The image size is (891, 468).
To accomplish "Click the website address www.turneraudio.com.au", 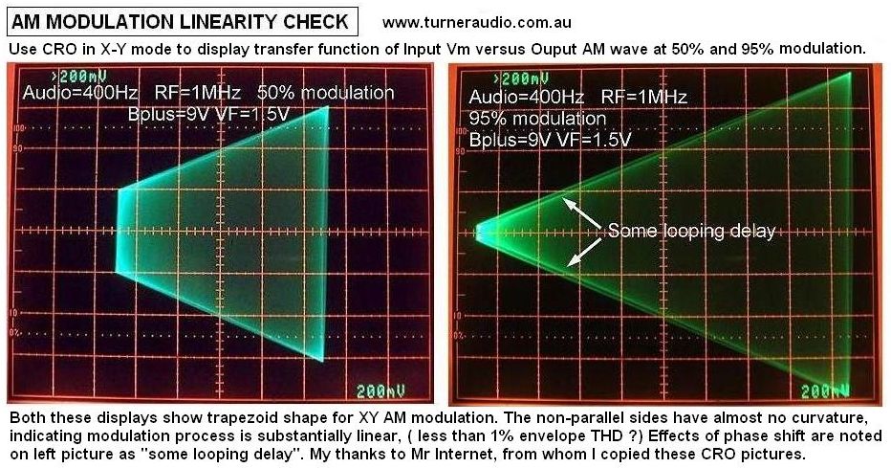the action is pyautogui.click(x=476, y=23).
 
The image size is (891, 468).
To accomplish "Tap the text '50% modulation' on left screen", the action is pyautogui.click(x=326, y=93).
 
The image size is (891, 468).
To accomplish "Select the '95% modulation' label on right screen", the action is pyautogui.click(x=537, y=119).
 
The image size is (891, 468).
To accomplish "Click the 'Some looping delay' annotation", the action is pyautogui.click(x=691, y=231).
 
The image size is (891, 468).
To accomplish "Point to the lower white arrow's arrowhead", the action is pyautogui.click(x=571, y=263).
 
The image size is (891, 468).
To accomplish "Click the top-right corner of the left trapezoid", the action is pyautogui.click(x=328, y=106).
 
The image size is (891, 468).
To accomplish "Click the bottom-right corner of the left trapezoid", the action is pyautogui.click(x=323, y=361).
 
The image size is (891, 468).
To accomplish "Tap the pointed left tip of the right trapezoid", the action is pyautogui.click(x=475, y=232).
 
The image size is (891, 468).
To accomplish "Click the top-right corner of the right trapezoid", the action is pyautogui.click(x=851, y=73).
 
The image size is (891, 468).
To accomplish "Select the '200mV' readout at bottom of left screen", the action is pyautogui.click(x=380, y=390).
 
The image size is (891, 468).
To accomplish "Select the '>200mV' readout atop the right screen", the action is pyautogui.click(x=521, y=78).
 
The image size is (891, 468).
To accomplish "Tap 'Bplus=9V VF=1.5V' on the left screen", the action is pyautogui.click(x=208, y=114).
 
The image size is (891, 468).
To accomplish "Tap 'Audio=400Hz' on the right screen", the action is pyautogui.click(x=526, y=97).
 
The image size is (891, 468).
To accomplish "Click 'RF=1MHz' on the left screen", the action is pyautogui.click(x=198, y=93).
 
